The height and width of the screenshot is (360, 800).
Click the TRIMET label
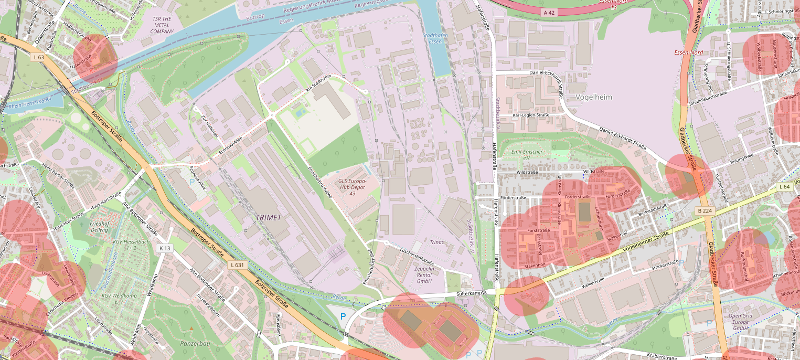[x=268, y=217]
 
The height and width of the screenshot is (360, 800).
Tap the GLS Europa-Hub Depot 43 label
[x=352, y=187]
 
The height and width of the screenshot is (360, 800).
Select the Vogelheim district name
[x=594, y=97]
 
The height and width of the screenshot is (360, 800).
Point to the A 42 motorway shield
[x=549, y=12]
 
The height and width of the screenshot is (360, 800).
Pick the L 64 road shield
[x=784, y=187]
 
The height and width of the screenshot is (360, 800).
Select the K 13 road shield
[x=165, y=248]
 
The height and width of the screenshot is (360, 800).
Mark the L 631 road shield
[x=238, y=265]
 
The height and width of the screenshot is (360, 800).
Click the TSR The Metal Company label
[x=162, y=25]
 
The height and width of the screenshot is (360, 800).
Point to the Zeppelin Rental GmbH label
[x=424, y=274]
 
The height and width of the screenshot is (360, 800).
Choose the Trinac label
[x=436, y=242]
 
